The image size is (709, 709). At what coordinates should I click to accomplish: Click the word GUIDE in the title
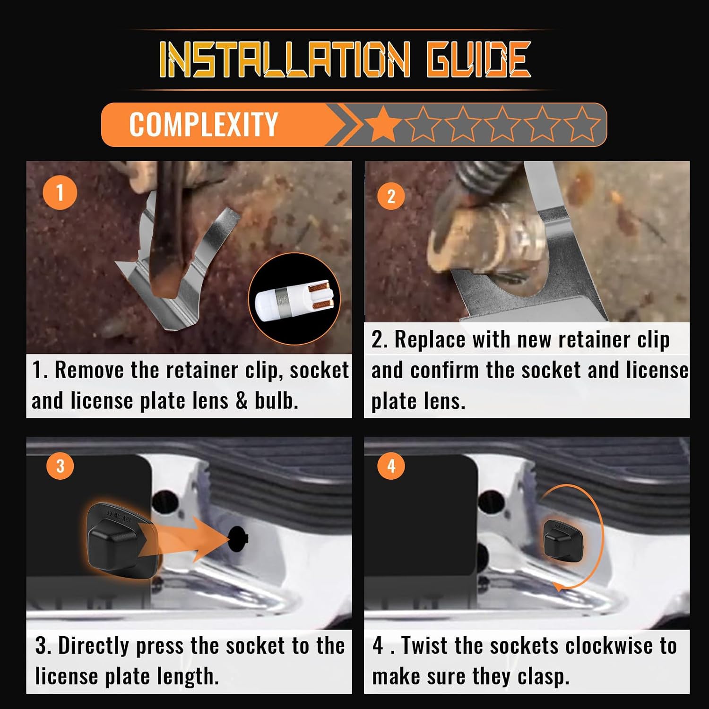[x=478, y=59]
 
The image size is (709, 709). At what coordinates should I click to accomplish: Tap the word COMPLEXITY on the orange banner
[x=203, y=125]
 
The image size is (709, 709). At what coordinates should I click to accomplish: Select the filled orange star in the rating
[x=383, y=124]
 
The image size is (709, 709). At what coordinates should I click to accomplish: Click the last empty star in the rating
[x=582, y=124]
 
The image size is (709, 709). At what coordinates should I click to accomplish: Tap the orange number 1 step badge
[x=60, y=192]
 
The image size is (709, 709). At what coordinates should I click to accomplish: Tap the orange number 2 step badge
[x=391, y=195]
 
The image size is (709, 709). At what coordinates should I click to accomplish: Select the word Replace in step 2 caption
[x=430, y=340]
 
